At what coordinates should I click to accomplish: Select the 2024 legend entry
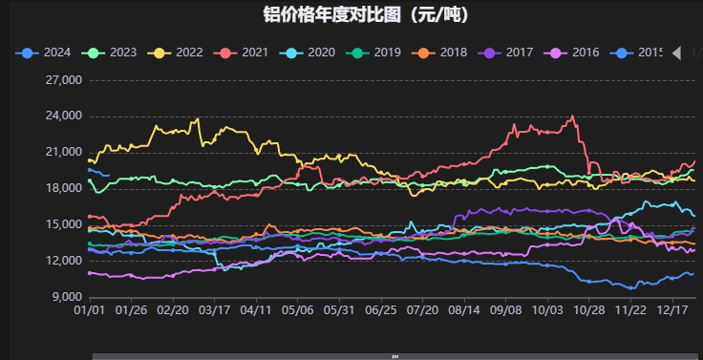[46, 53]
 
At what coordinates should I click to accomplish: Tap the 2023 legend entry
[113, 53]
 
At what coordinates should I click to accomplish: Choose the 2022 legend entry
[179, 53]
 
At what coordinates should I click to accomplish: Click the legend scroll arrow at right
[677, 53]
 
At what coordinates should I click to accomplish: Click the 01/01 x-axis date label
[89, 310]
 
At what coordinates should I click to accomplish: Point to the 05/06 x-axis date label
[298, 310]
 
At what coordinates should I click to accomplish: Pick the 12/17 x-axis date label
[674, 310]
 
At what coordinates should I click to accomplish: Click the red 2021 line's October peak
[572, 117]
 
